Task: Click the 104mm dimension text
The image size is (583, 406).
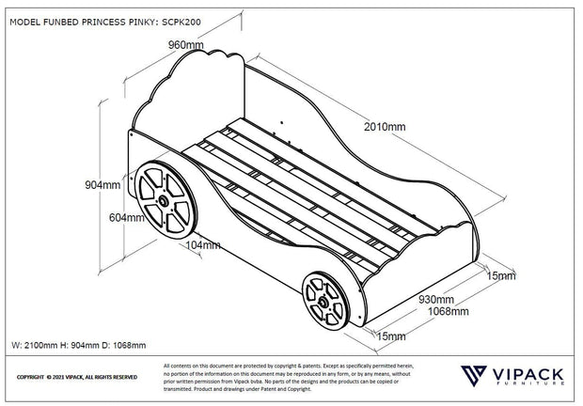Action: click(x=203, y=245)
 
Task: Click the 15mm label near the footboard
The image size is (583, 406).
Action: click(x=501, y=276)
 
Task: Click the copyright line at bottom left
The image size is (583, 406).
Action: click(x=77, y=377)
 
